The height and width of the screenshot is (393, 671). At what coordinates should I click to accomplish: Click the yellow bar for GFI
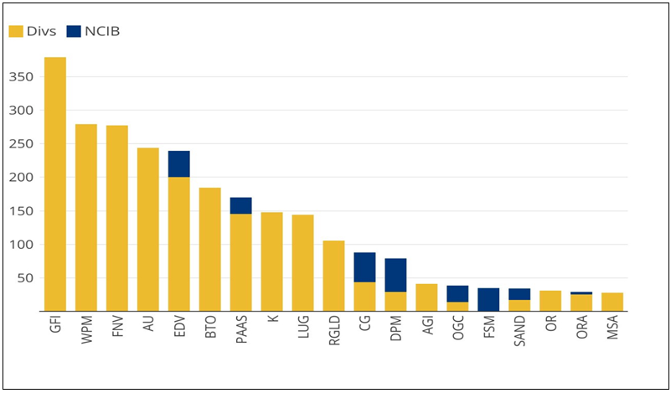click(x=55, y=184)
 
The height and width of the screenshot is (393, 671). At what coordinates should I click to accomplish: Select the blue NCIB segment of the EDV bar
click(x=179, y=164)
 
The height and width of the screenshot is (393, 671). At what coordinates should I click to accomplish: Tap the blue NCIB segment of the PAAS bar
click(x=241, y=205)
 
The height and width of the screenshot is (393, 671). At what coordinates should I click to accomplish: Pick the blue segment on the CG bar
click(x=365, y=267)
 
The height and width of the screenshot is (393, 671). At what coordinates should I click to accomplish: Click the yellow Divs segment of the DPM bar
click(x=396, y=302)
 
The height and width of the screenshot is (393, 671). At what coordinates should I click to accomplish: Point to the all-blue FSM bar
click(x=489, y=300)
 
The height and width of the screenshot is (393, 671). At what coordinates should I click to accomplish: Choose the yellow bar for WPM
click(x=86, y=218)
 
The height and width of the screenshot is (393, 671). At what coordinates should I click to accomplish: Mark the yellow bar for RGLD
click(x=334, y=277)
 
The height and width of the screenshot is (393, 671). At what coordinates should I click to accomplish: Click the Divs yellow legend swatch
click(x=16, y=32)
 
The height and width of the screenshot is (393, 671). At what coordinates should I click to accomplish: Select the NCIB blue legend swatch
click(x=74, y=32)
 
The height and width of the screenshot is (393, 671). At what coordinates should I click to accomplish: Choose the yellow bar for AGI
click(x=427, y=298)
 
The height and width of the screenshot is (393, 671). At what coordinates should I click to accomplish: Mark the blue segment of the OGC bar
click(x=458, y=293)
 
